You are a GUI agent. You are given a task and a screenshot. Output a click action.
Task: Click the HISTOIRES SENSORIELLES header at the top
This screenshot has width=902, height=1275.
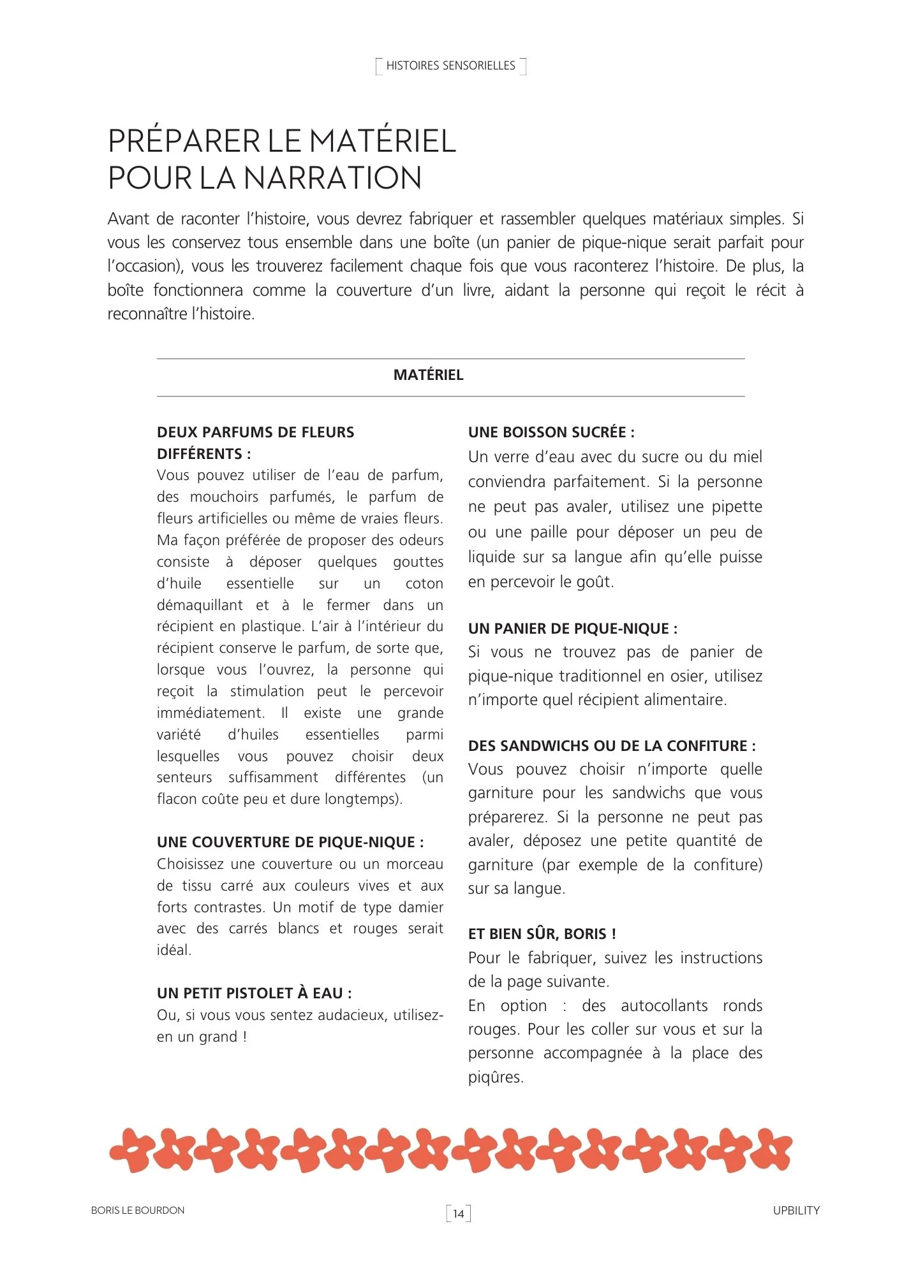450,66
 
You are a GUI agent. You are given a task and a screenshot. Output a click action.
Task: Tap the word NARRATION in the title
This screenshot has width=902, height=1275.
332,178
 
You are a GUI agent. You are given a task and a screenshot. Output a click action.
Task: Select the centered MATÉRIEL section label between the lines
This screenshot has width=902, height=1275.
428,375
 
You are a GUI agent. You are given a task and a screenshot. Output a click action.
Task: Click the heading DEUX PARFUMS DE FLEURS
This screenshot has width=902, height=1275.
255,432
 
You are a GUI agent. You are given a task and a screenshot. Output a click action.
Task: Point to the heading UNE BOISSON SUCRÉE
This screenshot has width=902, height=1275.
551,432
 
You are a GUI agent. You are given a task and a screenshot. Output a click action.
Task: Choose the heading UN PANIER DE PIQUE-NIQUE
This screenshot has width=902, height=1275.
572,629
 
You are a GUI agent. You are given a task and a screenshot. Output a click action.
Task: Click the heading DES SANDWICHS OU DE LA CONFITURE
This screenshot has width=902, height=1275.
611,746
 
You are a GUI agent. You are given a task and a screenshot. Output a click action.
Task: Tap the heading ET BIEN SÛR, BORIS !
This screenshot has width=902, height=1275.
542,934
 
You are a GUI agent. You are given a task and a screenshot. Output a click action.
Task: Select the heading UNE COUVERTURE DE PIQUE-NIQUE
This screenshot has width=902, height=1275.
290,842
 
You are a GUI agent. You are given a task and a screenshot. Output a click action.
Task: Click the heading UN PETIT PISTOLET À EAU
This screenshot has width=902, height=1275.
254,993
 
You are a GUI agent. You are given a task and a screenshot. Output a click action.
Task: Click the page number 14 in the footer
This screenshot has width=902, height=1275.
458,1214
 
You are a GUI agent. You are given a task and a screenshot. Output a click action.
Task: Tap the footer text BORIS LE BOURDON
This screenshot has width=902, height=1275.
138,1211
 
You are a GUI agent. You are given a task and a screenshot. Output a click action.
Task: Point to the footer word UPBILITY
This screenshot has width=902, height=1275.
796,1211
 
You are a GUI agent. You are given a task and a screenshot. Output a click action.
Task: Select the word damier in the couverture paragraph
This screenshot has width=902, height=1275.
420,907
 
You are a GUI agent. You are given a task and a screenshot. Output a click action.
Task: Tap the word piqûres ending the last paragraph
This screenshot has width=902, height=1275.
495,1077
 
